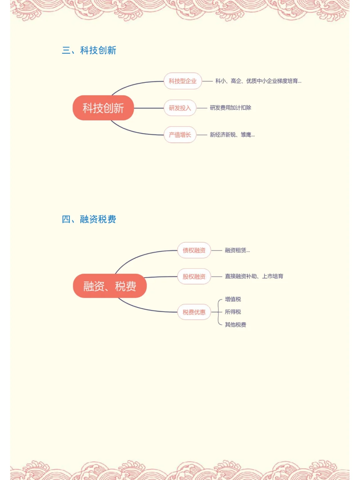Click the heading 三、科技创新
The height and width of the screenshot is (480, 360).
point(89,50)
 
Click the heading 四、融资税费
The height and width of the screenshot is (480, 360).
point(89,219)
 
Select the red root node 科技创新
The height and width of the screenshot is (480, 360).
point(103,108)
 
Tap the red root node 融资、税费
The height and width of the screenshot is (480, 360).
point(110,286)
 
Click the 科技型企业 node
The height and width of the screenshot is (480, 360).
point(183,81)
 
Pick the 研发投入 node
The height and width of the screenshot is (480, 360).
point(180,108)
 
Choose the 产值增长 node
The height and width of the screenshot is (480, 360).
point(180,135)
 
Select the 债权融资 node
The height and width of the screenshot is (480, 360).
point(194,250)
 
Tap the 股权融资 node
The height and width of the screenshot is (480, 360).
point(194,277)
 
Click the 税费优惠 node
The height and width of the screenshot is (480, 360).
point(194,312)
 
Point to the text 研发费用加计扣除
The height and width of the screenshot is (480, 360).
point(230,108)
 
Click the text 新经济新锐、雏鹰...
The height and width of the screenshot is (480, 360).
point(232,135)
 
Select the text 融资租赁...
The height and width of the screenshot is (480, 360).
point(237,250)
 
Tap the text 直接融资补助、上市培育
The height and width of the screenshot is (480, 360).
point(254,276)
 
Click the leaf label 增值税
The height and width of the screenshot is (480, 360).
point(233,299)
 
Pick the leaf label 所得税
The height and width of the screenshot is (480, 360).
point(233,312)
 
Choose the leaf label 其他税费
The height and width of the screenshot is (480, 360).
point(235,325)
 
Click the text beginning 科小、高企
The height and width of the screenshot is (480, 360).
point(258,81)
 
